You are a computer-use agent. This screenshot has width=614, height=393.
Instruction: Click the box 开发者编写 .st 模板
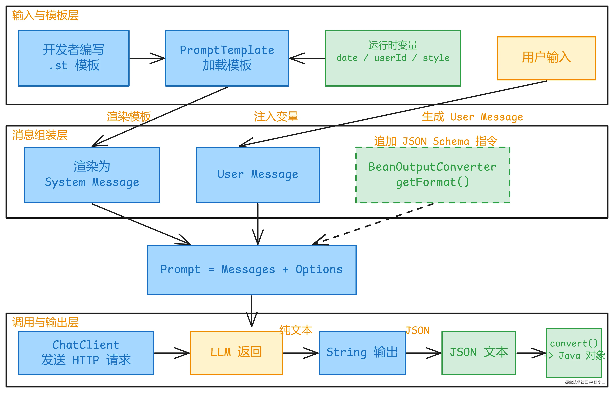coord(74,58)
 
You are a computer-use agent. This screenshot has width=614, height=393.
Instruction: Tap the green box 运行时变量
coord(393,58)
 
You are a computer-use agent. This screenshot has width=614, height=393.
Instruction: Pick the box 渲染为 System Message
coord(92,175)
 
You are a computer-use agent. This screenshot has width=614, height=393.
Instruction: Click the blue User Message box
coord(258,175)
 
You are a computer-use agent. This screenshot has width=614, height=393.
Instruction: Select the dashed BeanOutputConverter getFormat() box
coord(433,175)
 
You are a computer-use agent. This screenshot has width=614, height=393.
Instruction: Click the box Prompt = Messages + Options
coord(252,270)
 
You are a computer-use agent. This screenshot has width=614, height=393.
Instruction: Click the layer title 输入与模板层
coord(45,15)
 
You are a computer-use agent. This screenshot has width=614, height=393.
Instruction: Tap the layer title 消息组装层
coord(40,135)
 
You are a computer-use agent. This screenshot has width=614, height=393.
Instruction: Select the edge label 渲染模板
coord(129,117)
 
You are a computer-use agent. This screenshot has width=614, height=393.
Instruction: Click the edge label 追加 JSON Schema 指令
coord(435,141)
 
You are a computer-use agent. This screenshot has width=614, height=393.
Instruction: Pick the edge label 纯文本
coord(296,330)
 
